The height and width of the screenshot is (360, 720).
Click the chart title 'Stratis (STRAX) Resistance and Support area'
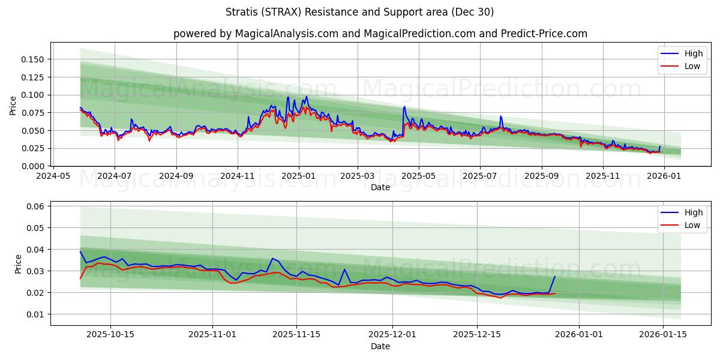pyautogui.click(x=359, y=12)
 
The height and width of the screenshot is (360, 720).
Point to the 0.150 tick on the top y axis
pyautogui.click(x=33, y=59)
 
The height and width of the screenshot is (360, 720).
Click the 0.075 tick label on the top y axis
pyautogui.click(x=33, y=113)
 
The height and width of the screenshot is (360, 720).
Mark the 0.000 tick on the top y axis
pyautogui.click(x=33, y=166)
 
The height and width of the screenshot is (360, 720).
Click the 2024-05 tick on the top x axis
pyautogui.click(x=54, y=176)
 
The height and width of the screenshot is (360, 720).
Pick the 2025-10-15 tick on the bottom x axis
pyautogui.click(x=110, y=335)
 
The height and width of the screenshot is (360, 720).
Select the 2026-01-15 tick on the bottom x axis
pyautogui.click(x=663, y=335)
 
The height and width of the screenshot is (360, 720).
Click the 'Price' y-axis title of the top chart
pyautogui.click(x=13, y=106)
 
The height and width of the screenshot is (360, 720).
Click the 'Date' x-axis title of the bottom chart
pyautogui.click(x=380, y=346)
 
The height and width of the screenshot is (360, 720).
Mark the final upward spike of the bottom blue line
pyautogui.click(x=554, y=277)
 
